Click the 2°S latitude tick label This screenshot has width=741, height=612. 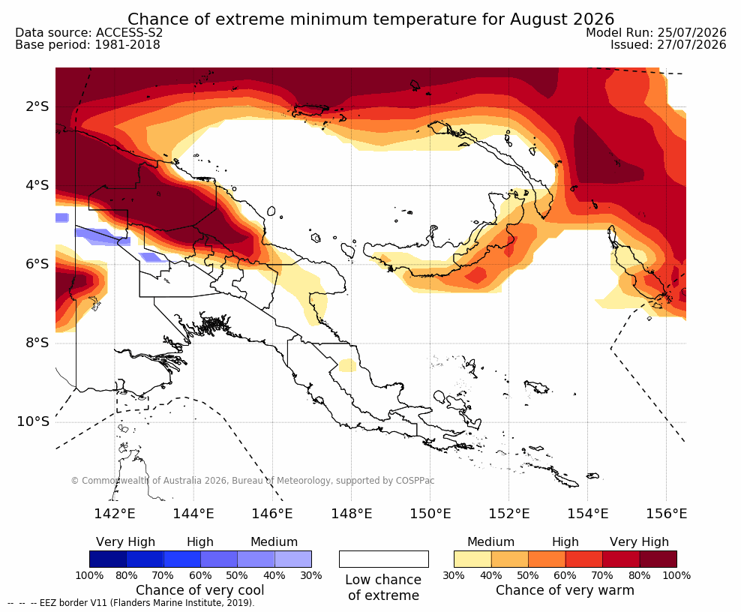37,106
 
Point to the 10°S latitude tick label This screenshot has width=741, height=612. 33,421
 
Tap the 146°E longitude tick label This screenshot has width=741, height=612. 271,513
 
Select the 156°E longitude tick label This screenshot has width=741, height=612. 666,513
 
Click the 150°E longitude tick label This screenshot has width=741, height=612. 430,513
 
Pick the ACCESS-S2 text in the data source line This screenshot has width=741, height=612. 129,32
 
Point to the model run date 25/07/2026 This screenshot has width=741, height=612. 691,32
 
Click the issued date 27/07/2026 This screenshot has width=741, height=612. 691,44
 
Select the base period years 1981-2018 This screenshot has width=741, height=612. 127,44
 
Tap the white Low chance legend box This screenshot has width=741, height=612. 384,559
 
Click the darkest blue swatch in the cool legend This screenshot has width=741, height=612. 108,559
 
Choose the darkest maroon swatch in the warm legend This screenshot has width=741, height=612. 658,559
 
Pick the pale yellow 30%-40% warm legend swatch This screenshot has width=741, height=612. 472,559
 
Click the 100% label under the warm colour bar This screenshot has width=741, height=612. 676,575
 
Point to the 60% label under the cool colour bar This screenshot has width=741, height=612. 200,575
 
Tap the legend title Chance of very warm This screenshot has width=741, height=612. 565,590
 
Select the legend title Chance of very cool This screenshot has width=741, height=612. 200,590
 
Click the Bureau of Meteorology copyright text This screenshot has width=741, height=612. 252,481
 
